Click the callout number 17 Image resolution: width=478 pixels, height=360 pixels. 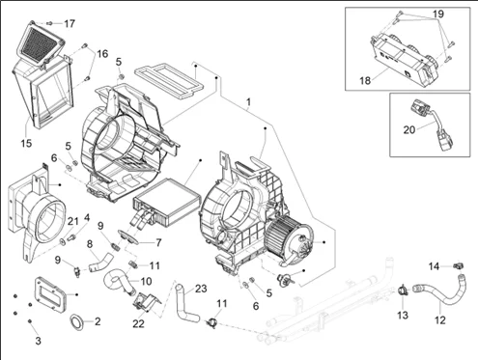pos(70,23)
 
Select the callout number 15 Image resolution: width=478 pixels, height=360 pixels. pos(26,143)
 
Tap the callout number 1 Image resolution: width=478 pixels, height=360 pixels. pos(248,102)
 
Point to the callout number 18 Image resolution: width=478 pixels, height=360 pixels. pos(365,80)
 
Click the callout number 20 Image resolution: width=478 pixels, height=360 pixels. pos(409,130)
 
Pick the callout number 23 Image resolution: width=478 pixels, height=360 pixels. pos(201,289)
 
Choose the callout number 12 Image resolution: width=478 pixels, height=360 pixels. pos(439,319)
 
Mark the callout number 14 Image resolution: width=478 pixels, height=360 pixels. pos(434,266)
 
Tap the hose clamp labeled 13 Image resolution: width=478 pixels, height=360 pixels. pos(403,291)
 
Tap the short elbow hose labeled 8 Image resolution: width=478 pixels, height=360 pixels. pos(100,261)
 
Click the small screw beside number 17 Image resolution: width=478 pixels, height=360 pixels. pos(49,23)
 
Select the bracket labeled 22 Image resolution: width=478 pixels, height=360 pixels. pos(146,302)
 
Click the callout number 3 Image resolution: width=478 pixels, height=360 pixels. pos(38,341)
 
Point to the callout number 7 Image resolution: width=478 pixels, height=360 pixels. pos(158,242)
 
